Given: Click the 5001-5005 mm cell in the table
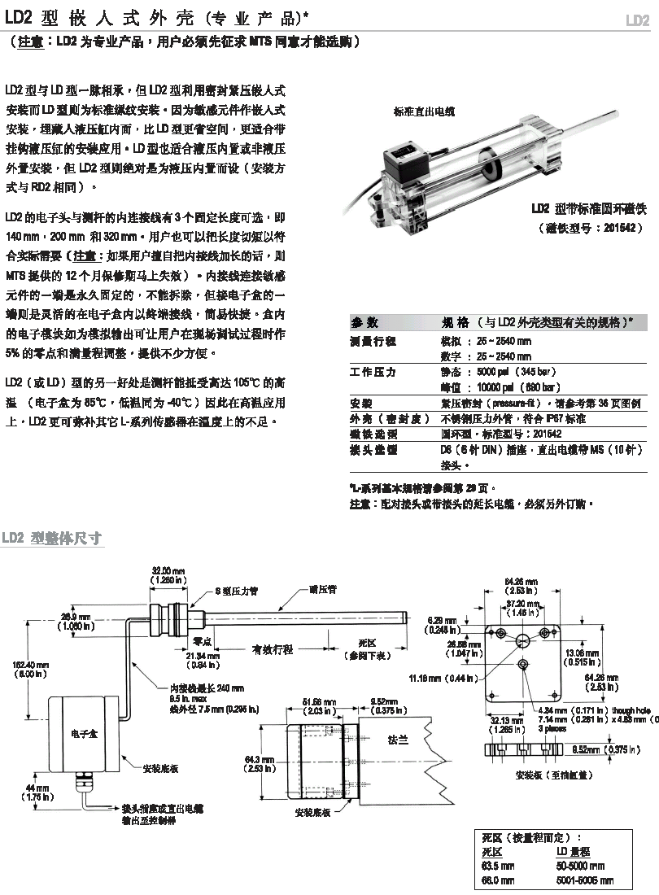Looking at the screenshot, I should [x=583, y=880].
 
